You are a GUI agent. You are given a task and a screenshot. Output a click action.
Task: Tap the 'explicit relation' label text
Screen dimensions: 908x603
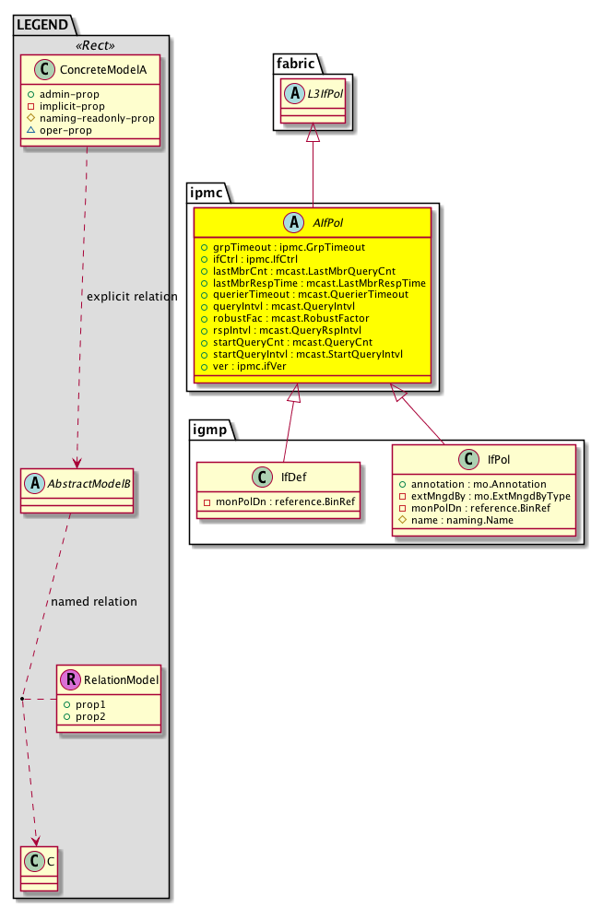[x=132, y=296]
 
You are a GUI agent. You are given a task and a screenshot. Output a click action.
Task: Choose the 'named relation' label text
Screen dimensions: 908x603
[x=94, y=601]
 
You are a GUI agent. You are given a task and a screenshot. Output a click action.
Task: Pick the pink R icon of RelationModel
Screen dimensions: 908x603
[x=69, y=680]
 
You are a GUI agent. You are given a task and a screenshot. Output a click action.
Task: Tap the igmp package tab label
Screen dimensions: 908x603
[x=211, y=429]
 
